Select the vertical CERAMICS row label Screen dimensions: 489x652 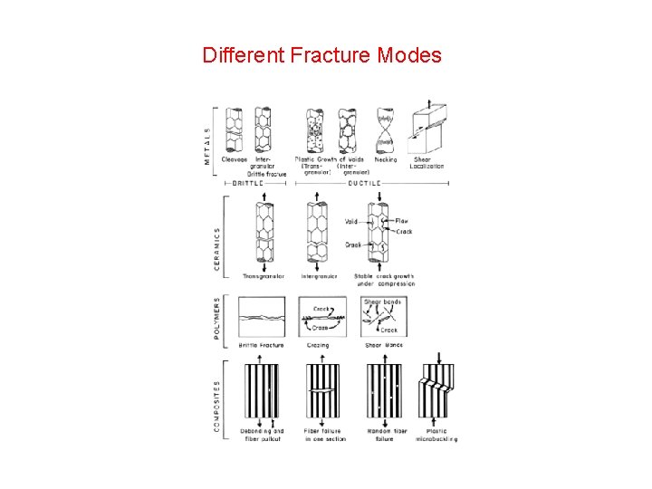tap(217, 237)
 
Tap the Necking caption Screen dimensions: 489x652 tap(386, 160)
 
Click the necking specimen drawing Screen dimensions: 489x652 tap(385, 131)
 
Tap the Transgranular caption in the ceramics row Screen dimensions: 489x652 tap(264, 276)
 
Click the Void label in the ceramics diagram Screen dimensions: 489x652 tap(350, 221)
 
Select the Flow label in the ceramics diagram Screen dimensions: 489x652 tap(402, 220)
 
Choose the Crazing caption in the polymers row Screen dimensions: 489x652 tap(318, 345)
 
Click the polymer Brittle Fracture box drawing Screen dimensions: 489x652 tap(261, 318)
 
